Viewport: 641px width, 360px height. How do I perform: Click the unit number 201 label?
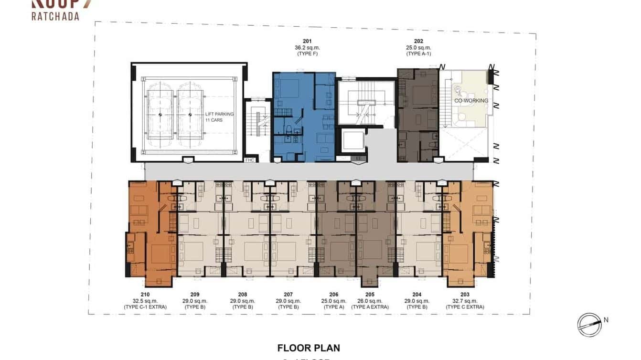click(307, 42)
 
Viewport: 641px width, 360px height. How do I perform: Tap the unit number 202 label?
click(418, 42)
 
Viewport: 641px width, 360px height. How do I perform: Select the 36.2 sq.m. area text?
click(307, 48)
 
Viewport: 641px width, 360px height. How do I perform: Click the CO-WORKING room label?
click(471, 101)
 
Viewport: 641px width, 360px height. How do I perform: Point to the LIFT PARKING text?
click(219, 114)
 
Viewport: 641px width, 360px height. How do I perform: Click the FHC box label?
click(249, 160)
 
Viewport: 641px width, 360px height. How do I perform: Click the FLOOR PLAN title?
click(309, 348)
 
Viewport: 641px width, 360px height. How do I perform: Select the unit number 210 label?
click(145, 295)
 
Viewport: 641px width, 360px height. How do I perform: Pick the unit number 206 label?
click(333, 295)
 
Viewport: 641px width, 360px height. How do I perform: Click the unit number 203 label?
click(465, 295)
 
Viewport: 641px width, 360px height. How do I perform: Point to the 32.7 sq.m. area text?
click(465, 301)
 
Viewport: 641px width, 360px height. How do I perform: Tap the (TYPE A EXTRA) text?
click(370, 307)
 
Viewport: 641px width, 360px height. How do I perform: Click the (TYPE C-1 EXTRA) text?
click(145, 307)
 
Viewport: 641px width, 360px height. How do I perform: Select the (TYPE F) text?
click(307, 54)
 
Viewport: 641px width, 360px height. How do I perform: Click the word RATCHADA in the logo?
click(55, 16)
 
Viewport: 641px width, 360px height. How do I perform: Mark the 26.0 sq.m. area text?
click(370, 301)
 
